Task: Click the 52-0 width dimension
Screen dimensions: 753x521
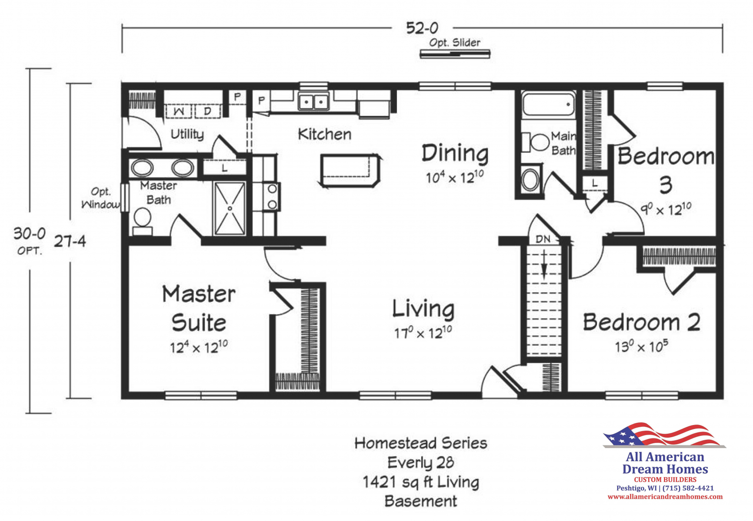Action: pyautogui.click(x=422, y=29)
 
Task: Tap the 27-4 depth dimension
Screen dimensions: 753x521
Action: pyautogui.click(x=70, y=241)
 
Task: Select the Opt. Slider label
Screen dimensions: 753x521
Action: pyautogui.click(x=455, y=43)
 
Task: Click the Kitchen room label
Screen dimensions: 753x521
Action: pyautogui.click(x=325, y=135)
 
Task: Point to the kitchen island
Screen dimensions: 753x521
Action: pyautogui.click(x=350, y=170)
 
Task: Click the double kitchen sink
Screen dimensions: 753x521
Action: pyautogui.click(x=313, y=102)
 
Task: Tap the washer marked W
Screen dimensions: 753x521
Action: pyautogui.click(x=178, y=111)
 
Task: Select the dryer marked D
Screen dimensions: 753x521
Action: pyautogui.click(x=208, y=111)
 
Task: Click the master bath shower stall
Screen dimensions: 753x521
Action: pyautogui.click(x=230, y=208)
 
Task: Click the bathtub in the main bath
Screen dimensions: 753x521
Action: pyautogui.click(x=548, y=105)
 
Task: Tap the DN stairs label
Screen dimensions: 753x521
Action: pyautogui.click(x=543, y=239)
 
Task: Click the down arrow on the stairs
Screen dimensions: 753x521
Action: pyautogui.click(x=544, y=265)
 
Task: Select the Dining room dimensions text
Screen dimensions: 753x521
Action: pyautogui.click(x=455, y=177)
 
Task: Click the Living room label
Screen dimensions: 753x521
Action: pyautogui.click(x=423, y=309)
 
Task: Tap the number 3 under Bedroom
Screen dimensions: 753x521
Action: pyautogui.click(x=666, y=185)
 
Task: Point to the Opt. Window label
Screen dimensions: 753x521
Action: pyautogui.click(x=101, y=198)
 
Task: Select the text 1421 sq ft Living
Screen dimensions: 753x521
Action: pyautogui.click(x=421, y=482)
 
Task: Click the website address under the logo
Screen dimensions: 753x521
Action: pyautogui.click(x=665, y=497)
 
